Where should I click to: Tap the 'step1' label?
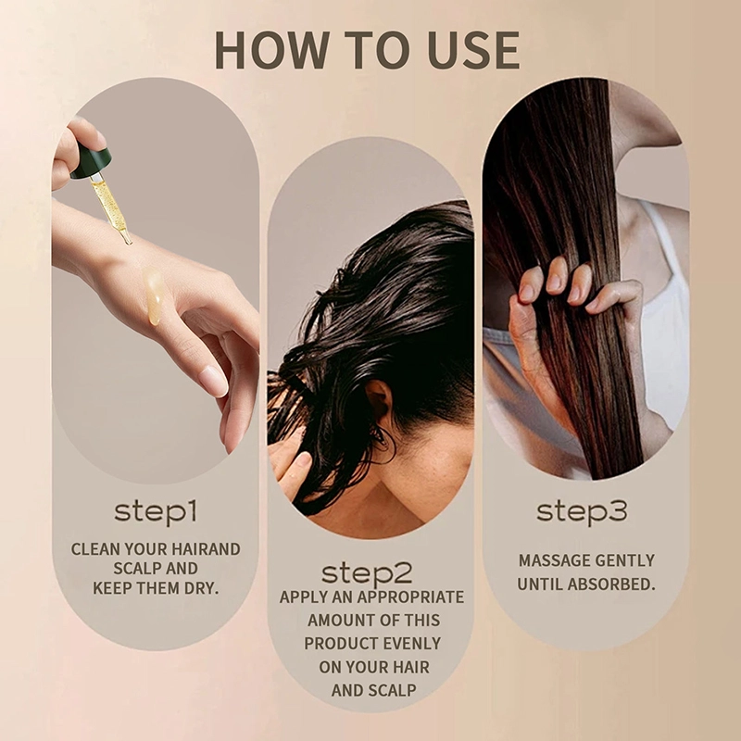pyautogui.click(x=156, y=510)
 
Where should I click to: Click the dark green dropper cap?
pyautogui.click(x=90, y=163)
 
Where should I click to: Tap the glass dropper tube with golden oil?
pyautogui.click(x=110, y=206)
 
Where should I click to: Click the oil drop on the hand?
pyautogui.click(x=156, y=298)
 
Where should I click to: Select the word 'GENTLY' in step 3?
pyautogui.click(x=622, y=560)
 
